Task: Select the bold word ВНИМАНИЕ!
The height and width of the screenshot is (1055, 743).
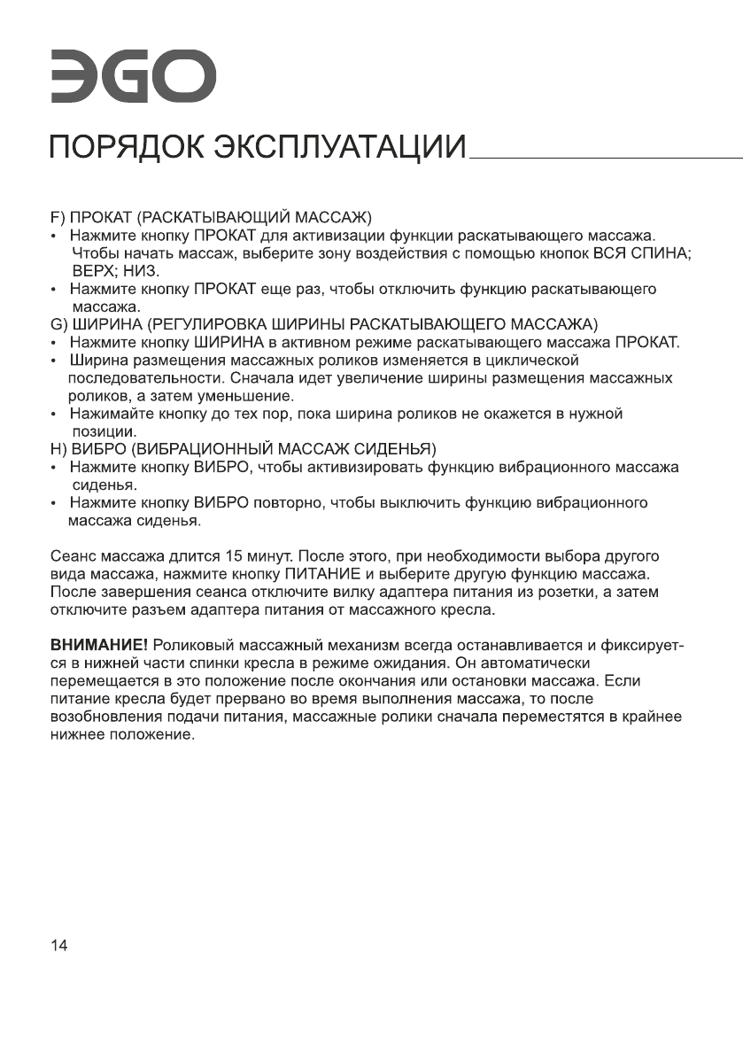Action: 97,643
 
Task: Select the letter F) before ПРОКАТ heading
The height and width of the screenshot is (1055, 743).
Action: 58,218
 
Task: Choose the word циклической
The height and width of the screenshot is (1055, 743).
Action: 531,361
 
